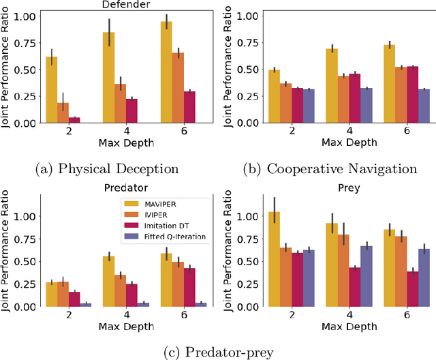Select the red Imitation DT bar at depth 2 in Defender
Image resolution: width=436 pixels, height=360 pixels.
click(74, 120)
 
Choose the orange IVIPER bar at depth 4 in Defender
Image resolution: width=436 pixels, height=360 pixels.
click(120, 103)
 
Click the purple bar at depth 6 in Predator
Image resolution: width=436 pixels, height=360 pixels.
click(200, 304)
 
